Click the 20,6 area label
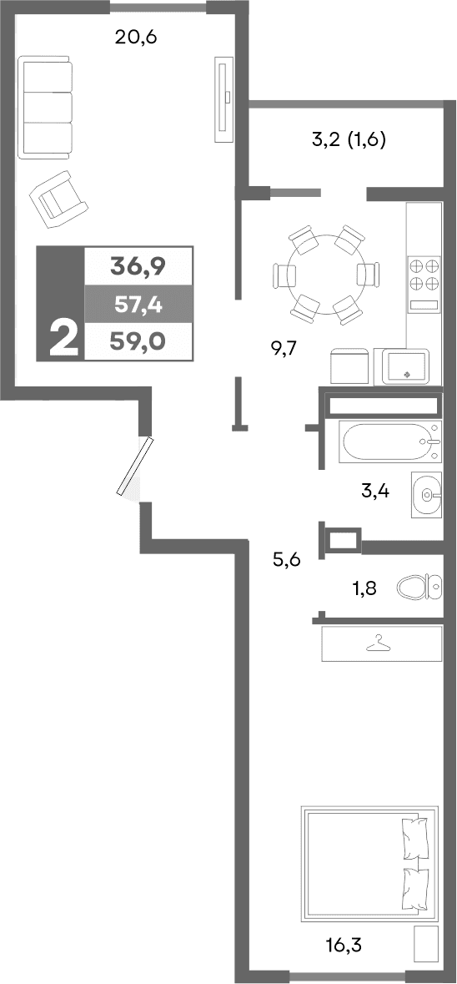137,38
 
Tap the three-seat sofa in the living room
46,107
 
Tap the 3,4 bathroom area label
374,491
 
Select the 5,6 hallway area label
286,559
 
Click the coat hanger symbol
379,643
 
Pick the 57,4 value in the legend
138,305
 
